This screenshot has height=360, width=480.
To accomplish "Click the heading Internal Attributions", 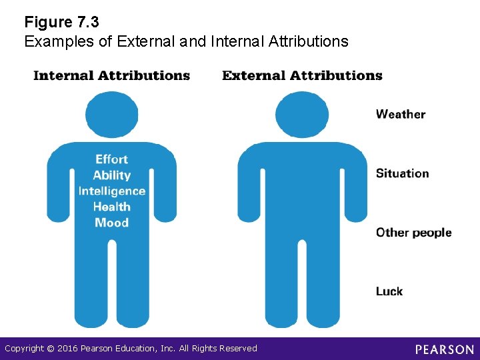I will point(111,75).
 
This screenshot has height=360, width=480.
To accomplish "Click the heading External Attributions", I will point(302,75).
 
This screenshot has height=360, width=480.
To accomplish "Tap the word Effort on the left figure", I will point(111,159).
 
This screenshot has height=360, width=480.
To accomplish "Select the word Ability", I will point(111,175).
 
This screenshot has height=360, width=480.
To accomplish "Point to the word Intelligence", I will point(111,191).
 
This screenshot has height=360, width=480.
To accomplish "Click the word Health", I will point(111,207).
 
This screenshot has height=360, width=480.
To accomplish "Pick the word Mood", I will point(111,223).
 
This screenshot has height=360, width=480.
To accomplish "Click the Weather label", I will point(400,114).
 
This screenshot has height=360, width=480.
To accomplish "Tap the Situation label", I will point(402,173).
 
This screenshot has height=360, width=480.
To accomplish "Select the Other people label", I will point(413,233).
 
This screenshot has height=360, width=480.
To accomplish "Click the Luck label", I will point(389,291).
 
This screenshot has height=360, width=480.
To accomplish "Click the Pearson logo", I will point(445,349).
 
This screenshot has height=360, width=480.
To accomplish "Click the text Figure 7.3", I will point(61,23).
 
